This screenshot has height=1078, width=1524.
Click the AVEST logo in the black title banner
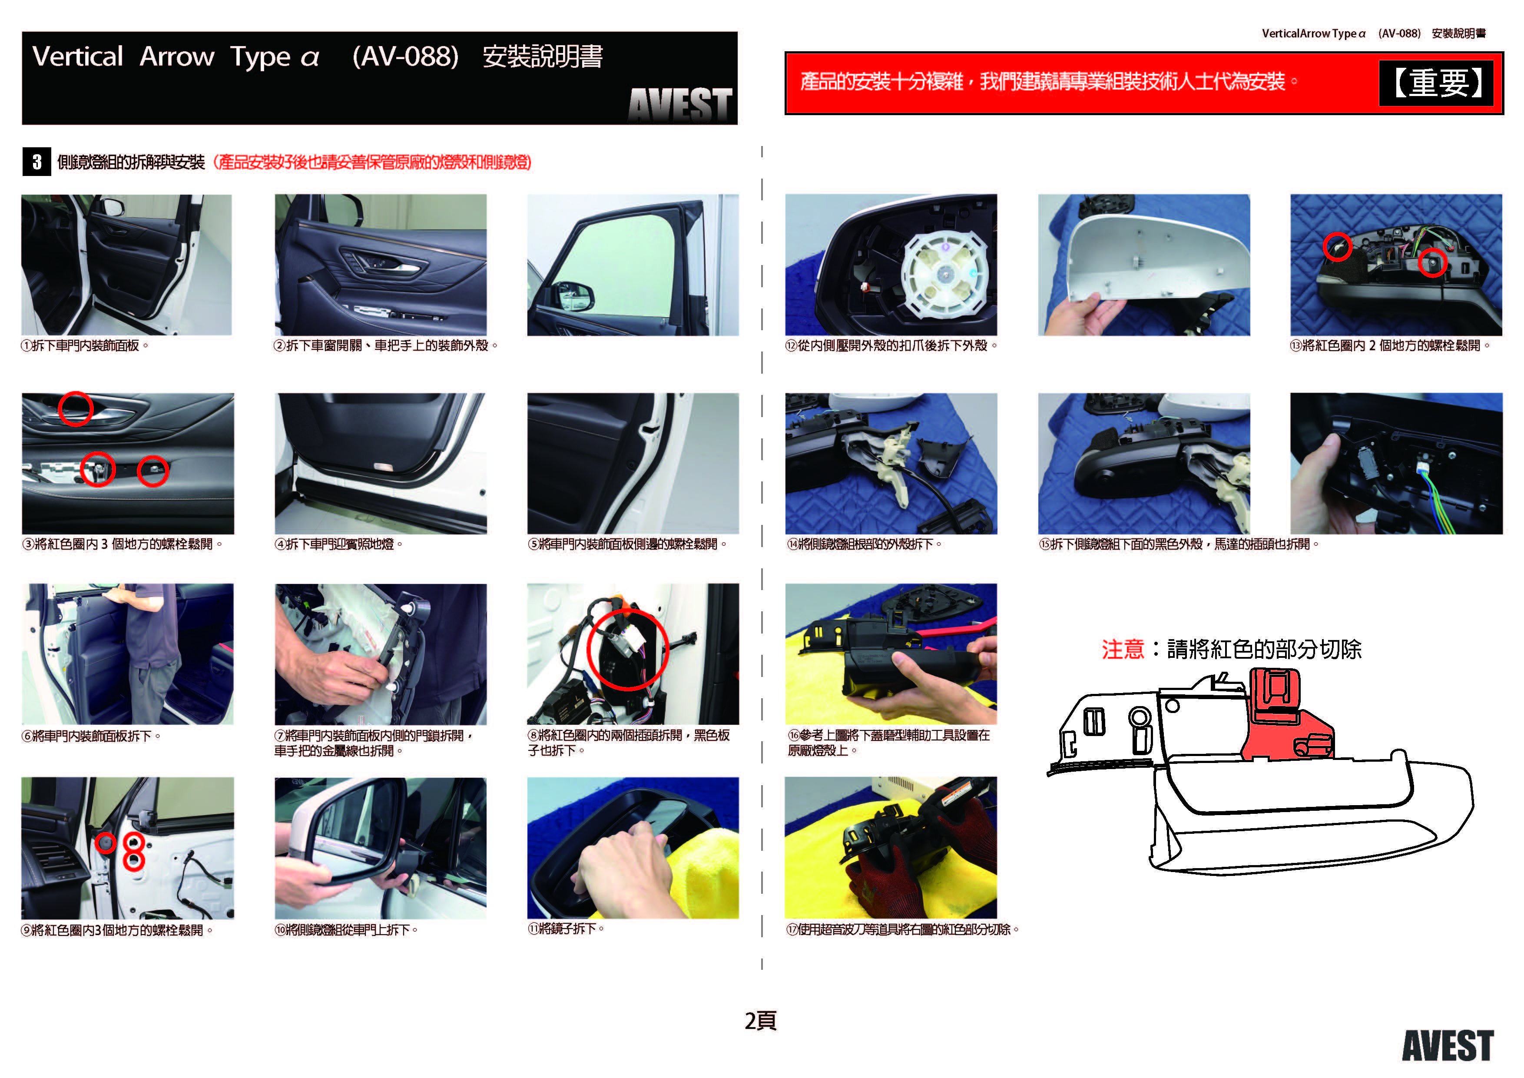680,104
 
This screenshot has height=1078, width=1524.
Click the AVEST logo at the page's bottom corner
1448,1046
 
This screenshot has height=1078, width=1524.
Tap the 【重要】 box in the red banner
1436,83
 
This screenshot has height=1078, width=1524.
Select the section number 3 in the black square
37,162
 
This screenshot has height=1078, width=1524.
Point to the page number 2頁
761,1020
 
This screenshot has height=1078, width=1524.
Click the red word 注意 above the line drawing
1123,649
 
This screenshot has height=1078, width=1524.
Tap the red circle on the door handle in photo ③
76,408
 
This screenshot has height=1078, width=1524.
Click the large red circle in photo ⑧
627,650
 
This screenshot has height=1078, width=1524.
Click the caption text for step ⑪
566,929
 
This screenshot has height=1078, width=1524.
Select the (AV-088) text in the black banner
406,56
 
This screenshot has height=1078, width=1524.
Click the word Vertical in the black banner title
78,56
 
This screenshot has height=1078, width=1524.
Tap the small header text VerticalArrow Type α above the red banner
1314,33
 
